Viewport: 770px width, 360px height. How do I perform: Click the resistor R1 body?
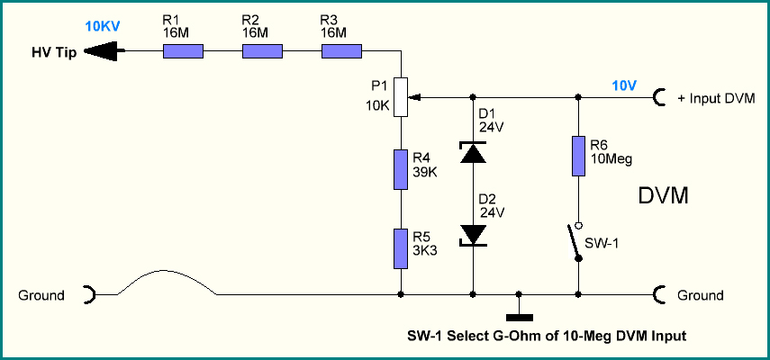[x=183, y=51]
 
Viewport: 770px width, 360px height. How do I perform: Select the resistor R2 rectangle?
[x=262, y=51]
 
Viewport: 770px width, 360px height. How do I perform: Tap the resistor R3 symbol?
[x=342, y=51]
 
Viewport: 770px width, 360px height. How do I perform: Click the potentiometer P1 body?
[x=401, y=97]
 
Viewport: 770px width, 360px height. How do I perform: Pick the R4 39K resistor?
[x=401, y=170]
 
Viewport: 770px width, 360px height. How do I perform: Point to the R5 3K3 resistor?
[x=401, y=248]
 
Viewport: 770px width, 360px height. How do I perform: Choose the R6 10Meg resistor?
[x=578, y=157]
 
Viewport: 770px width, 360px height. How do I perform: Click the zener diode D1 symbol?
[x=473, y=152]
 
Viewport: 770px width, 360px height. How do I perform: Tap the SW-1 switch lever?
[x=574, y=241]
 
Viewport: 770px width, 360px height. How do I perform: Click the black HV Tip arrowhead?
[x=101, y=51]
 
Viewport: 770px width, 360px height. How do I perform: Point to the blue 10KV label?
[x=102, y=26]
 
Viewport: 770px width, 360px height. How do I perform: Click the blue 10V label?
[x=624, y=85]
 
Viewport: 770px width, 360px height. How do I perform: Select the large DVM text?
[x=664, y=196]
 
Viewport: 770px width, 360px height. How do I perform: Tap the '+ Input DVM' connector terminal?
[x=659, y=97]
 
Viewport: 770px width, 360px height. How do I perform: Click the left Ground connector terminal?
[x=90, y=295]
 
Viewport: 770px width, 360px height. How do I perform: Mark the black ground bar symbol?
[x=519, y=317]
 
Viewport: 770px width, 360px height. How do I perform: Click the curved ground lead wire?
[x=166, y=271]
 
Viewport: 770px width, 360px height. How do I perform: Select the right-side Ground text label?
[x=701, y=295]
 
